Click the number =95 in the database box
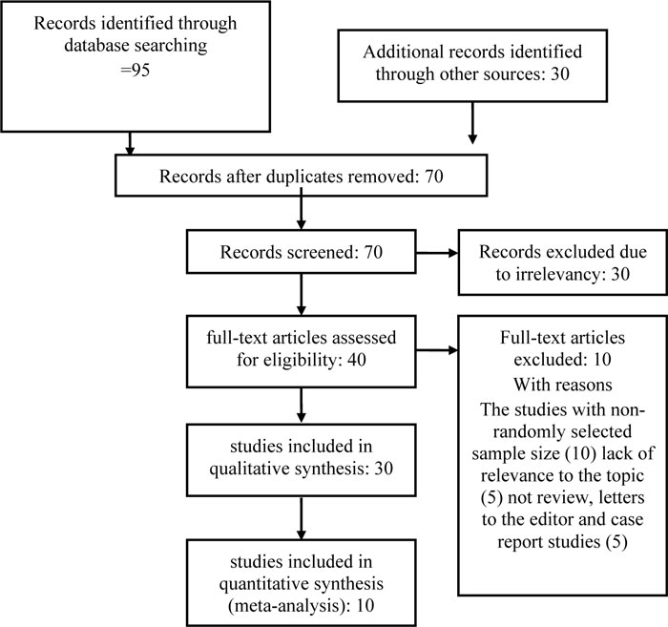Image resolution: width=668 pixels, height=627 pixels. pos(136,70)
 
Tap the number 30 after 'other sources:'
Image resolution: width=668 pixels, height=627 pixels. pos(560,73)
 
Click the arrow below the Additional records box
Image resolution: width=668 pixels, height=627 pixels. pos(472,123)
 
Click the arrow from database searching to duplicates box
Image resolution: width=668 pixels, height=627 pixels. pos(130,143)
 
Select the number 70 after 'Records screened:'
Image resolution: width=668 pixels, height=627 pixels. pos(373,252)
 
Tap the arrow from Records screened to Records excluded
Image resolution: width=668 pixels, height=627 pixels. pos(437,253)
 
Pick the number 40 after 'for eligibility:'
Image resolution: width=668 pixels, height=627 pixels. pos(356,360)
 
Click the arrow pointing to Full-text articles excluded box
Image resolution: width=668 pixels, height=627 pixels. pos(437,350)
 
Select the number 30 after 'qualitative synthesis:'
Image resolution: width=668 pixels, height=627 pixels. pos(384,469)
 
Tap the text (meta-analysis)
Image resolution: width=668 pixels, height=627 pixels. pos(286,605)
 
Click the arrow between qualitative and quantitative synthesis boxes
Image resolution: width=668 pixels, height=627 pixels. pos(302,518)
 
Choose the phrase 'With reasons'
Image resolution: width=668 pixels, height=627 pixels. pos(562,385)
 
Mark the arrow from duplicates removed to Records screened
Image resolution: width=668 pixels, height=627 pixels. pos(302,213)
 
